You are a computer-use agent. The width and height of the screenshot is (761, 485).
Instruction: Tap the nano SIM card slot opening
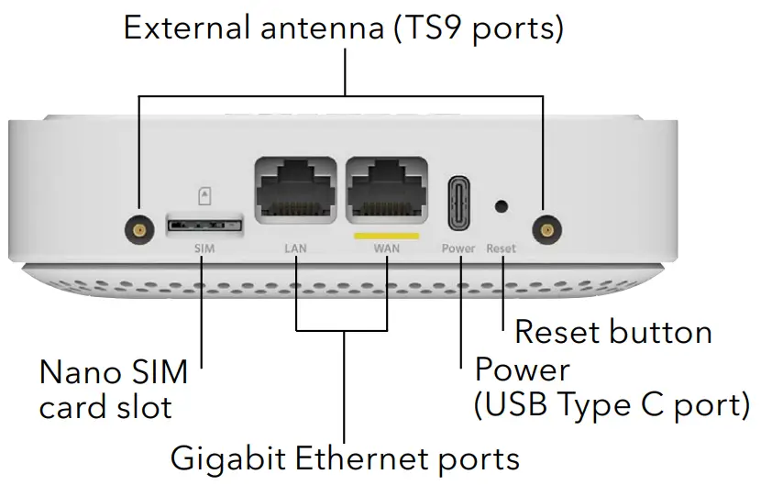204,224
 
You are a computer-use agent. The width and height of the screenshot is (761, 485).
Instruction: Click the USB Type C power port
458,204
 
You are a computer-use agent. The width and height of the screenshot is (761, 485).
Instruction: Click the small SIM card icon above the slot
204,195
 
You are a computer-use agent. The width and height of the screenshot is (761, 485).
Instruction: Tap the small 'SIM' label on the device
204,248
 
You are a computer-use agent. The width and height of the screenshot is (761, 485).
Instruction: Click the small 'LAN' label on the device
297,248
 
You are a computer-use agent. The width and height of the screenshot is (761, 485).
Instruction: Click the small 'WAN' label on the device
386,248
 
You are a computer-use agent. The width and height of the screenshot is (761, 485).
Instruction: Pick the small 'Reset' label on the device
502,248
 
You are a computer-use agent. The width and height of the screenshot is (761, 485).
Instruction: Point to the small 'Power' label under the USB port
458,248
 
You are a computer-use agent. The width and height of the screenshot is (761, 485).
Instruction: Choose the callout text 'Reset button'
612,331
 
